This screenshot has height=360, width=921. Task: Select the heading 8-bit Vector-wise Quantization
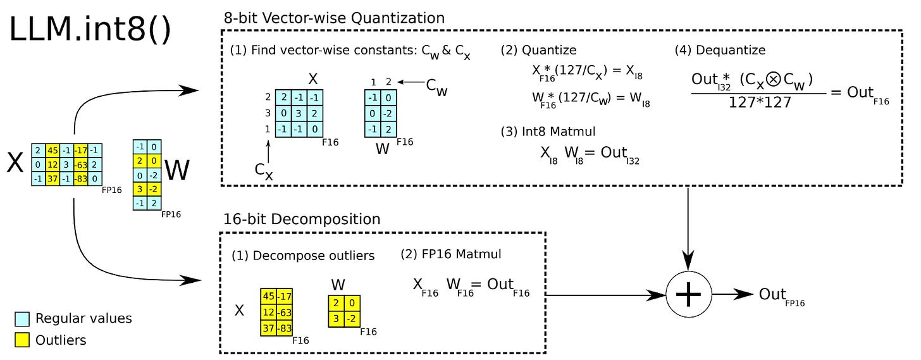pyautogui.click(x=334, y=18)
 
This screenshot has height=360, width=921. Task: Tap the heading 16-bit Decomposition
pyautogui.click(x=302, y=220)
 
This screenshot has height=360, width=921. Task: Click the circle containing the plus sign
pyautogui.click(x=689, y=295)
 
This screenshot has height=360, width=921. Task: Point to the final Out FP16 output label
pyautogui.click(x=781, y=295)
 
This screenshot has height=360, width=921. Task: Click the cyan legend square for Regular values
pyautogui.click(x=22, y=318)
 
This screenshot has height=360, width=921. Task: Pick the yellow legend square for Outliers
pyautogui.click(x=22, y=340)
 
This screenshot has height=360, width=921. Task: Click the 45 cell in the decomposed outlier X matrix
pyautogui.click(x=268, y=296)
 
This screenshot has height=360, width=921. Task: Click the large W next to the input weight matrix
pyautogui.click(x=177, y=170)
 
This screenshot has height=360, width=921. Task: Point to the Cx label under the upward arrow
pyautogui.click(x=264, y=172)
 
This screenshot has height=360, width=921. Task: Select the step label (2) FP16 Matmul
pyautogui.click(x=450, y=254)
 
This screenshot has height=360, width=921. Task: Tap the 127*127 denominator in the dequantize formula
pyautogui.click(x=759, y=101)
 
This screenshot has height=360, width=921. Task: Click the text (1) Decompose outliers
pyautogui.click(x=303, y=256)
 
